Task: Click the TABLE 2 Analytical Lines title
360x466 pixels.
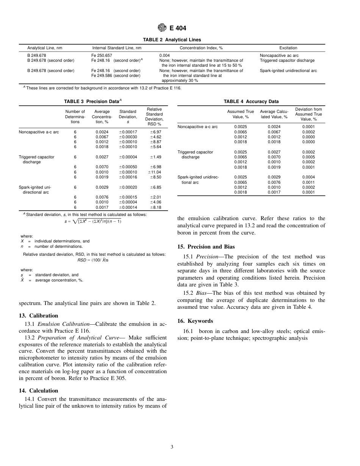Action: (172, 40)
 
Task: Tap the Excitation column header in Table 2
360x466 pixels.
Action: (288, 48)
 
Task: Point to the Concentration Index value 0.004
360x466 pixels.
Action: (164, 55)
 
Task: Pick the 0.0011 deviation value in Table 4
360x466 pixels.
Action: (308, 182)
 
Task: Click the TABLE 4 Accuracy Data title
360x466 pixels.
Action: (251, 102)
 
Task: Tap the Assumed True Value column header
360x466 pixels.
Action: (240, 114)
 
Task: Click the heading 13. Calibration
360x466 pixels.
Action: (38, 316)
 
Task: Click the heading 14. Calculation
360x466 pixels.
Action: (38, 391)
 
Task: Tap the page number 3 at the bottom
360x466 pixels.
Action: (172, 447)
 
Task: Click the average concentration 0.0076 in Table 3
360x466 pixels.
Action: (102, 197)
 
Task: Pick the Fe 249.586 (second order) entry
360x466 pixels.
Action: (116, 75)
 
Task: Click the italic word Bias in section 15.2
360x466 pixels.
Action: (202, 293)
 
